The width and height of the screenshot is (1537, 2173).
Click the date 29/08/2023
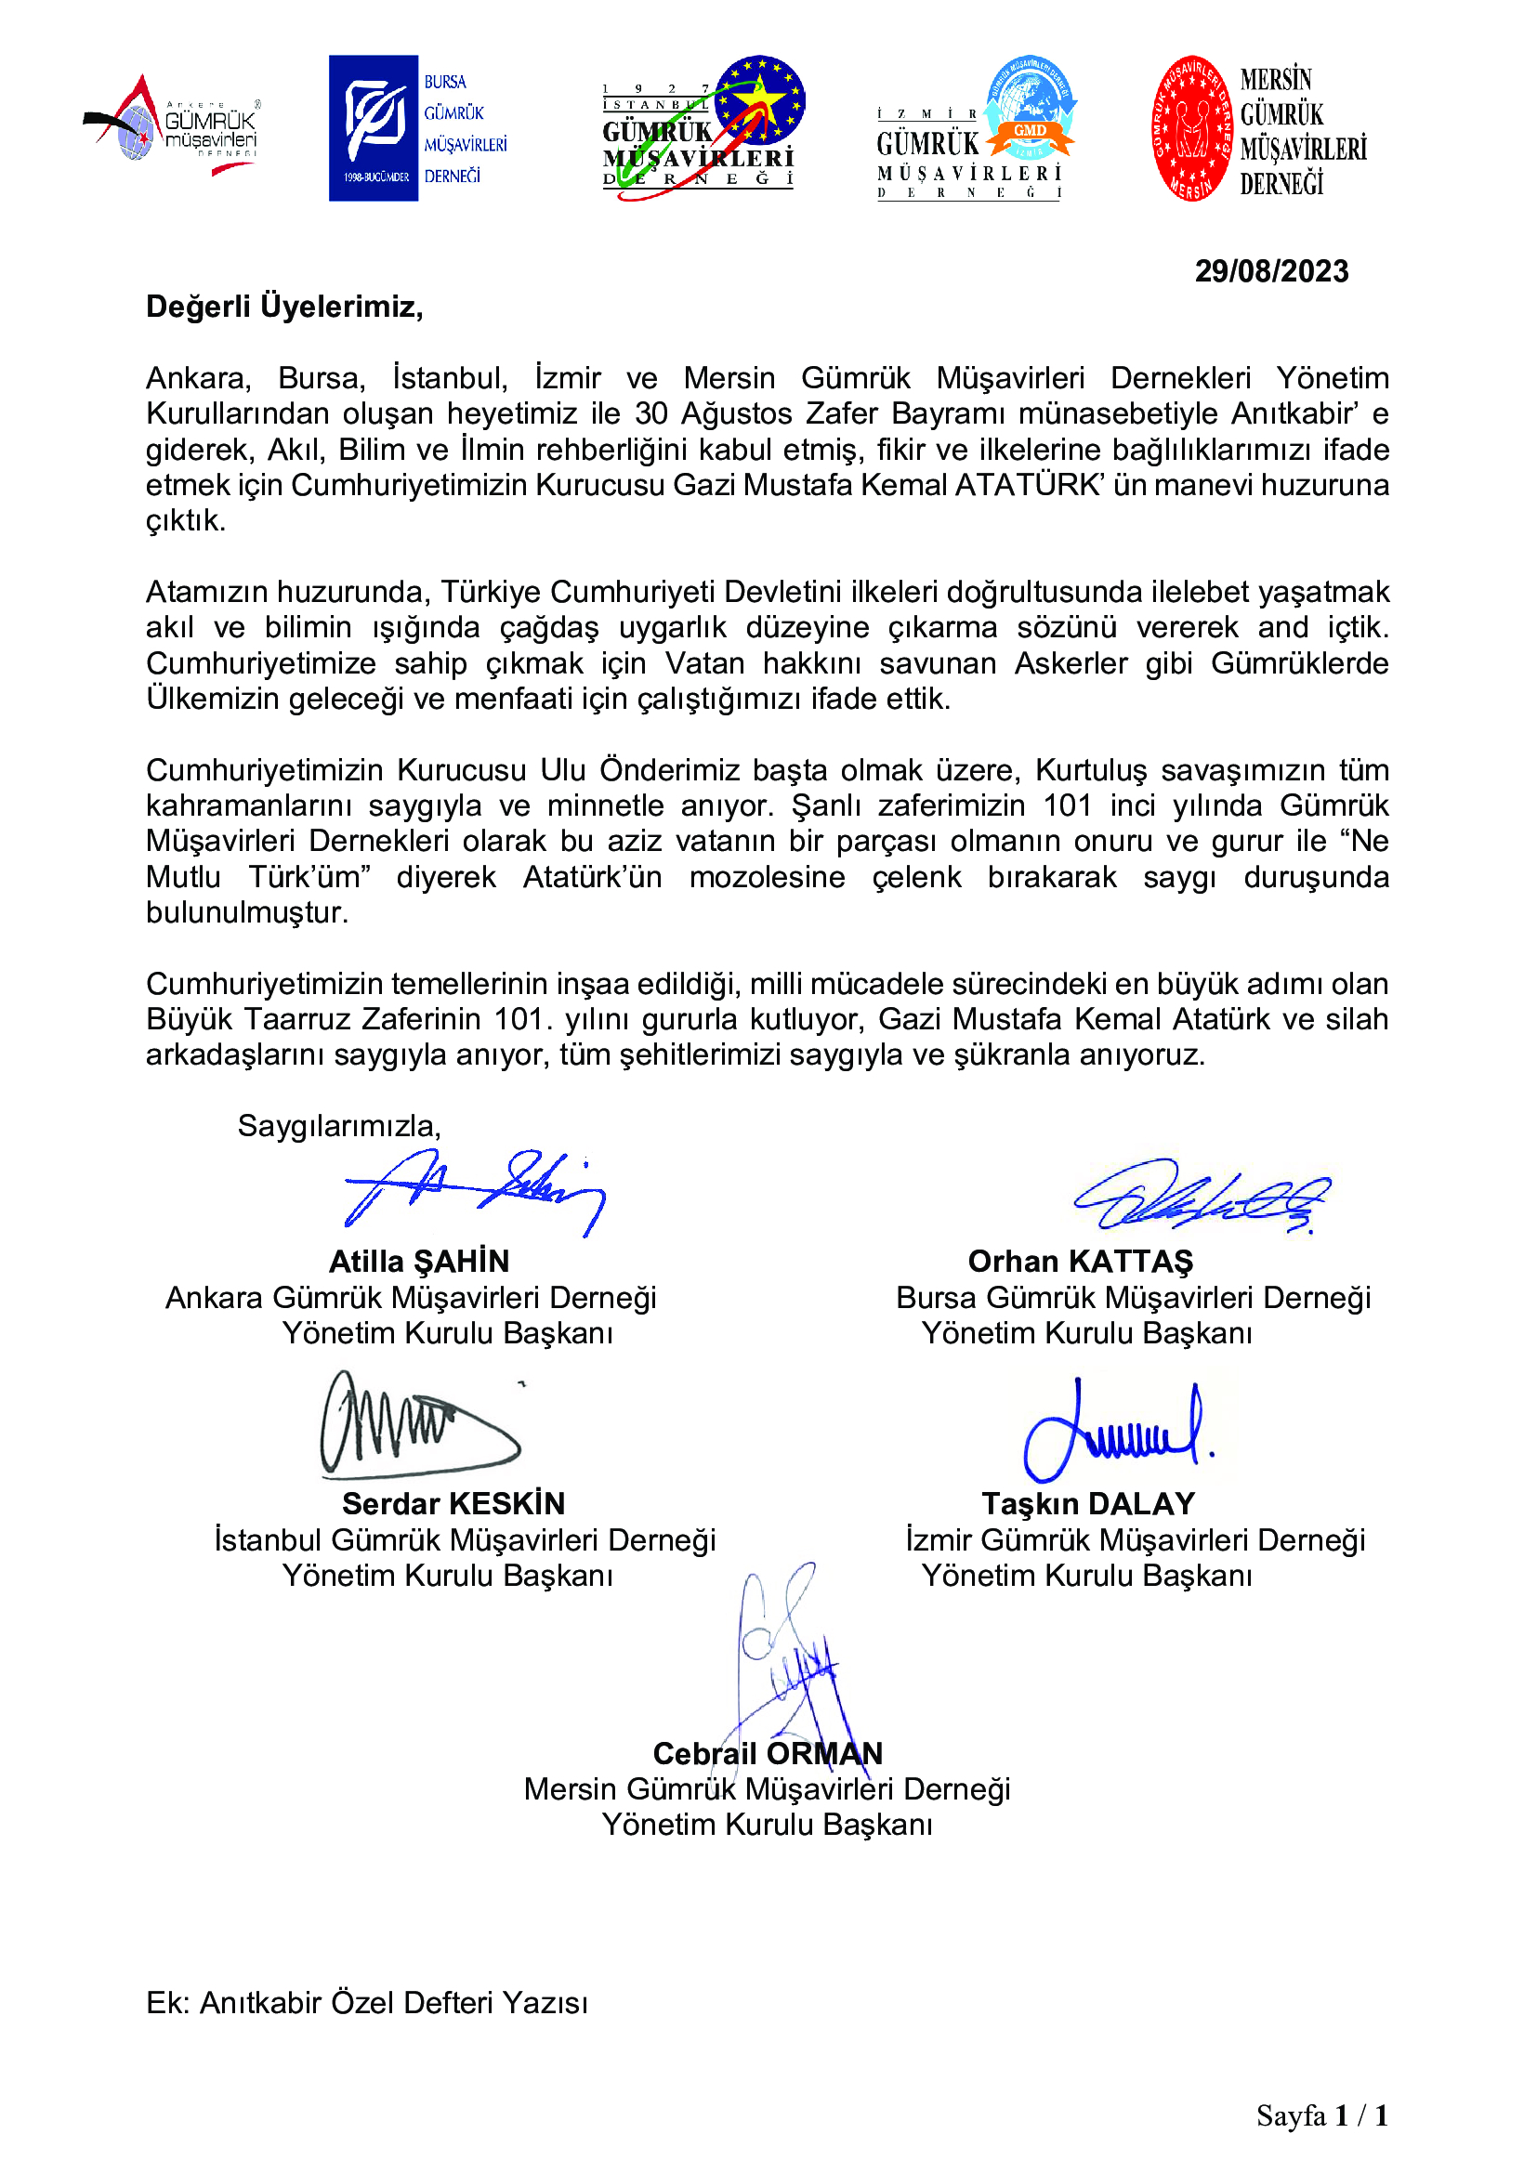tap(1270, 271)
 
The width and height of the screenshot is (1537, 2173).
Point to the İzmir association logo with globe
tap(975, 128)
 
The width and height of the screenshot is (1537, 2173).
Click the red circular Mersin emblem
tap(1190, 128)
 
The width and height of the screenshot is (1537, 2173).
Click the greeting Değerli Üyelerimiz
tap(284, 307)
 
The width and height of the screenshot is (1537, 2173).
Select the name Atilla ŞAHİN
tap(418, 1262)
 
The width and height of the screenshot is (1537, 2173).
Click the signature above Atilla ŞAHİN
tap(473, 1193)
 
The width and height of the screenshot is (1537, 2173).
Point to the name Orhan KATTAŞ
tap(1080, 1262)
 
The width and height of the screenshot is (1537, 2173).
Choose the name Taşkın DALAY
tap(1087, 1504)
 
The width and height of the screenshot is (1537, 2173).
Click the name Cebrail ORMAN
tap(767, 1754)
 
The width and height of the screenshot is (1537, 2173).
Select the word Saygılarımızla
tap(339, 1126)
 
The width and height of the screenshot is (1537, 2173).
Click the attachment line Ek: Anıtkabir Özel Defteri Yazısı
tap(366, 2003)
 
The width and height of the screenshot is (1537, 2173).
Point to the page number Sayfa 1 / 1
tap(1321, 2115)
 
